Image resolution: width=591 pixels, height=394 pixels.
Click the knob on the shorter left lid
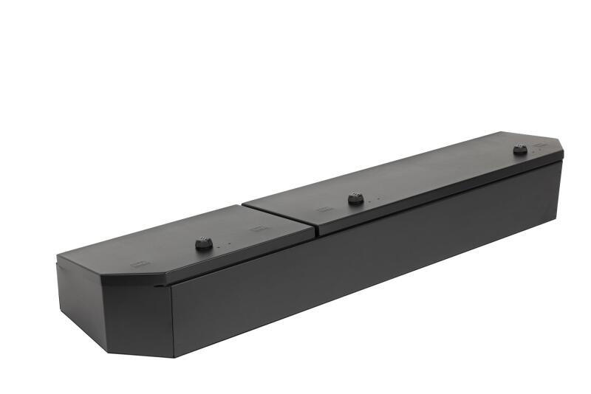[203, 243]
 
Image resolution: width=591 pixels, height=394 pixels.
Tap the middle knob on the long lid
[355, 198]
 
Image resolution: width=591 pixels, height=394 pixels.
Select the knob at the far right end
[520, 149]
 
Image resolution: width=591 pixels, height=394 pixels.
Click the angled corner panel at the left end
[137, 314]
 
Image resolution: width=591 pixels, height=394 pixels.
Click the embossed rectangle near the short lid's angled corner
[140, 262]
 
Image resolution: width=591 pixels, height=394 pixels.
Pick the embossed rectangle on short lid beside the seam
[256, 229]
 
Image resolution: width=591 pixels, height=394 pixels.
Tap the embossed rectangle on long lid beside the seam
[323, 210]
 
